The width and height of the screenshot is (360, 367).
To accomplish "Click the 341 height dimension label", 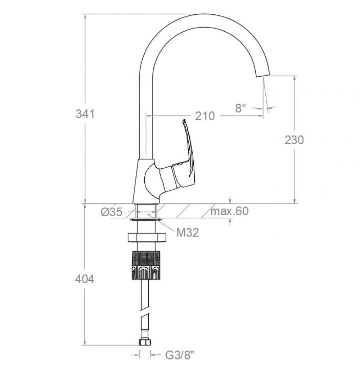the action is click(x=85, y=114).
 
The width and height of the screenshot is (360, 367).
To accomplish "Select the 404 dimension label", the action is click(x=85, y=279).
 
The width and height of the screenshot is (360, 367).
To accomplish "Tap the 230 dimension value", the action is click(x=294, y=140).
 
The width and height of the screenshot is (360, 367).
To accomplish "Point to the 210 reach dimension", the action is click(x=205, y=116).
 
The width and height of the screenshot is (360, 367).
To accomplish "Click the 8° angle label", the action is click(x=240, y=108).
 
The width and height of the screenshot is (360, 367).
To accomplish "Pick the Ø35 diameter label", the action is click(x=112, y=212).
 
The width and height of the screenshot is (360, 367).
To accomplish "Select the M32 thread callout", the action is click(x=187, y=233).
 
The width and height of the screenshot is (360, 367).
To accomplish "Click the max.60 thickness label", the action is click(x=230, y=211).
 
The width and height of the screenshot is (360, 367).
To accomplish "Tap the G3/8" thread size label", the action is click(x=180, y=355).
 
